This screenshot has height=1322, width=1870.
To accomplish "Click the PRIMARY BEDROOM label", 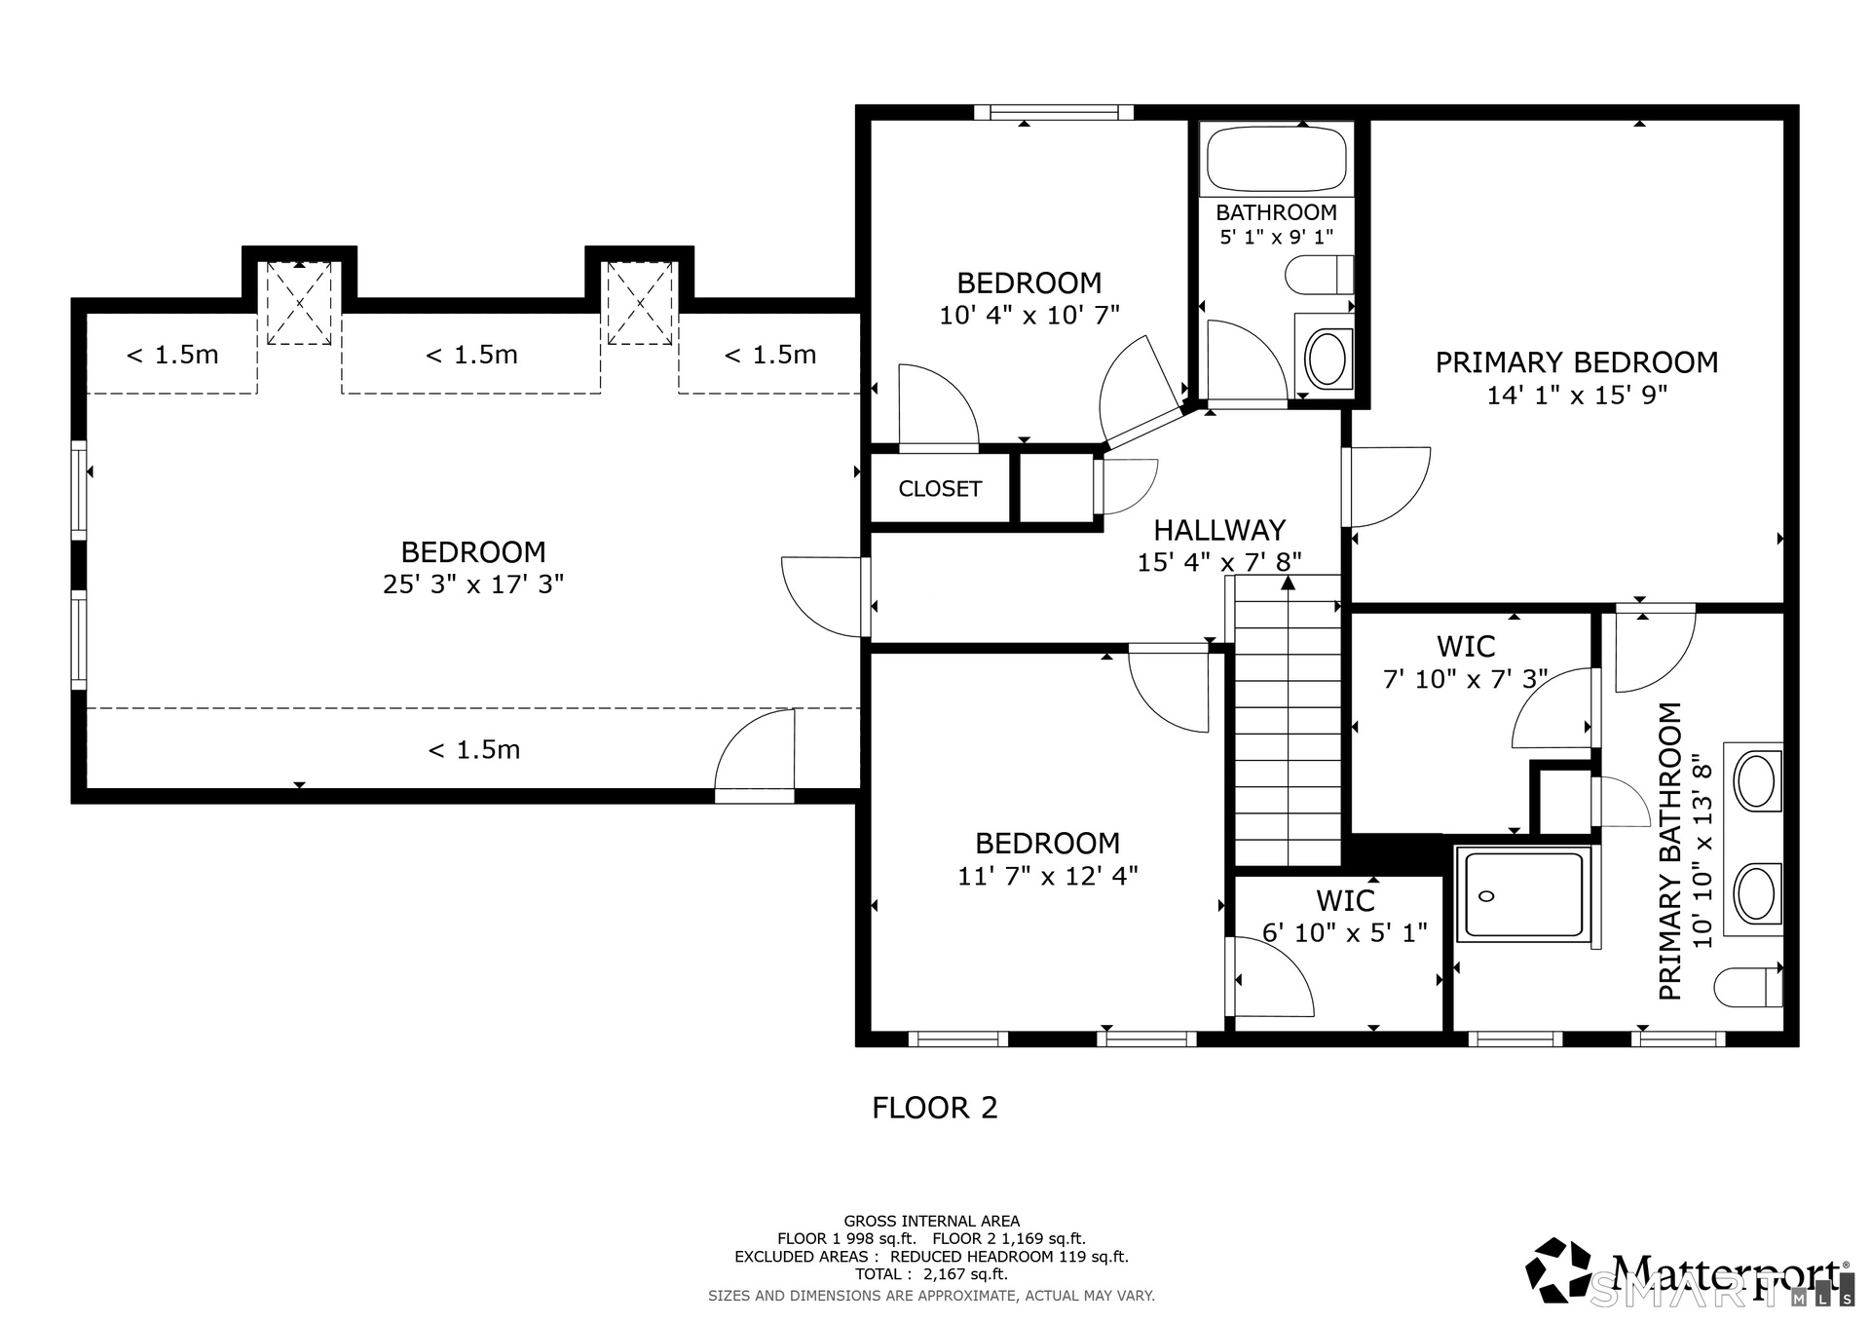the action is coord(1576,362).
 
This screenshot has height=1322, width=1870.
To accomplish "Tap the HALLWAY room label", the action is coord(1219,530).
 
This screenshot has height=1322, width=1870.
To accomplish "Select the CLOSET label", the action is coord(940,489).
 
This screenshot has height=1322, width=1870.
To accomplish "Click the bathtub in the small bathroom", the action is coord(1277,158).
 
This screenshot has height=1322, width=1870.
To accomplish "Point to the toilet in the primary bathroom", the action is coord(1747,987).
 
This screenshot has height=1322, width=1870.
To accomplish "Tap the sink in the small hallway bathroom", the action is coord(1325,358).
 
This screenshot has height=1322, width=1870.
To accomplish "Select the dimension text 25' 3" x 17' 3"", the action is coord(473,585).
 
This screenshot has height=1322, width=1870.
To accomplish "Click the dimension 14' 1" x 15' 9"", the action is coord(1577,396).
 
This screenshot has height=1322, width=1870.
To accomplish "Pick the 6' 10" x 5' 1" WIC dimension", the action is coord(1344,933).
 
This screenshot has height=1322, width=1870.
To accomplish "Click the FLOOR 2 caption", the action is coord(935,1108).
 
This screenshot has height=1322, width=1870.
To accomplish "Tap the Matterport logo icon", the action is coord(1558,1269).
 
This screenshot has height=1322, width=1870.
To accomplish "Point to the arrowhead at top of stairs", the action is coord(1288,583).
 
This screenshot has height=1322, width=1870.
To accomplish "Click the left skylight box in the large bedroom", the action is coord(299,303).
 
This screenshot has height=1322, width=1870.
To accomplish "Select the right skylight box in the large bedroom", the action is coord(640,303).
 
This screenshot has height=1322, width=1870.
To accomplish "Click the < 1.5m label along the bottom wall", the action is coord(474,750).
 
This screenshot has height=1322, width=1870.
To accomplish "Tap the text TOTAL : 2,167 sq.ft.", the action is coord(931,1274).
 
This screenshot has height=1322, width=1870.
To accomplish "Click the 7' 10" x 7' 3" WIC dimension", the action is coord(1466,679).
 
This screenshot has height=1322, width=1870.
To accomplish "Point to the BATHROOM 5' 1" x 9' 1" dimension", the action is coord(1277,237).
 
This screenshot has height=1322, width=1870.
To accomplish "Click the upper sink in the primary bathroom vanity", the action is coord(1756,781).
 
